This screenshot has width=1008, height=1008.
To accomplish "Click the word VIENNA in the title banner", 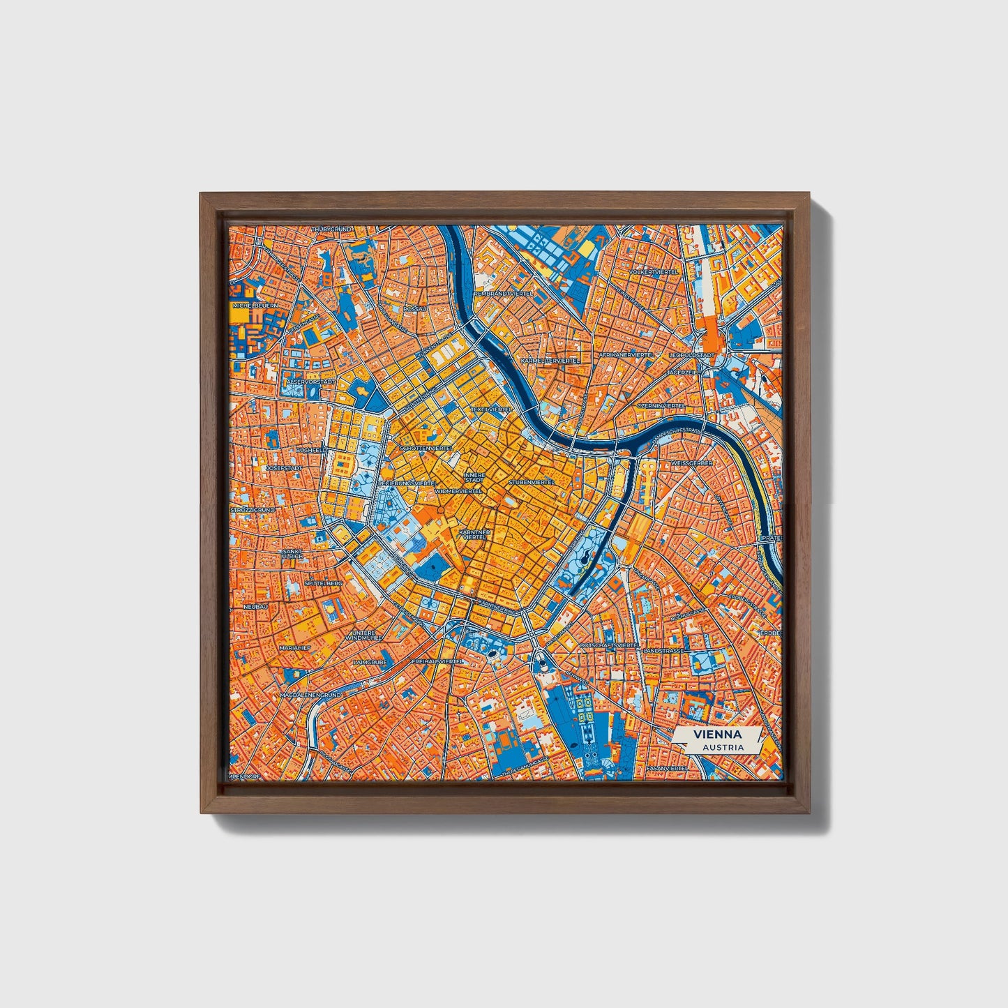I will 718,735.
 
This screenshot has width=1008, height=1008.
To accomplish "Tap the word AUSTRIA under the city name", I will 723,747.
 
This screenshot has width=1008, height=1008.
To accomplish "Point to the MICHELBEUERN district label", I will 255,305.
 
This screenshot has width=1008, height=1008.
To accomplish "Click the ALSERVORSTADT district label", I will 311,382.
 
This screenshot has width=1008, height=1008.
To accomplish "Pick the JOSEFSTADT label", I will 283,467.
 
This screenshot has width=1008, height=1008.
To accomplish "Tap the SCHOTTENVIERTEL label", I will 426,448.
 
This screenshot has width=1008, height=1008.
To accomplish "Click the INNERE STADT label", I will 474,478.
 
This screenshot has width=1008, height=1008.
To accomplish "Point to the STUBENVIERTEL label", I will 532,482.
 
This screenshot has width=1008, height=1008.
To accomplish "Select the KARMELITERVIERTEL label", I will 550,361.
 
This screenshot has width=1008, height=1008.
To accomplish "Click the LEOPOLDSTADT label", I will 692,355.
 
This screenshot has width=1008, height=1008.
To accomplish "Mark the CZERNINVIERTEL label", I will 661,405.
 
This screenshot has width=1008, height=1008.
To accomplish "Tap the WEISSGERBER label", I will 690,462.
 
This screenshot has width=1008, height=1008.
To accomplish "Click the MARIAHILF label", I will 294,647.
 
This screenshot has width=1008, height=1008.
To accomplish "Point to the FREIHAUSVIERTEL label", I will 437,660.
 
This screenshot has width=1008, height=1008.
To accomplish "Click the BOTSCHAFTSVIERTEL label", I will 609,647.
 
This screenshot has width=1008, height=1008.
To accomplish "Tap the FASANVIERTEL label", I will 666,768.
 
